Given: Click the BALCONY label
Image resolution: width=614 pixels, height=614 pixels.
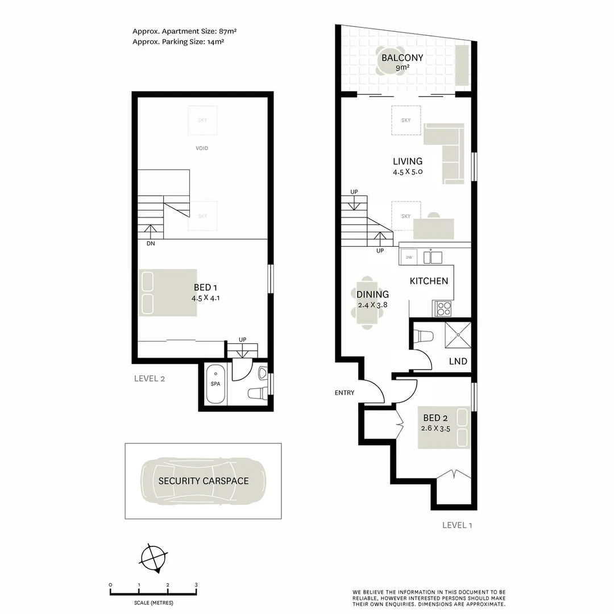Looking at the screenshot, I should click(x=403, y=58).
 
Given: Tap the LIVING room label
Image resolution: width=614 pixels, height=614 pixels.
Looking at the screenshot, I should click(x=407, y=161).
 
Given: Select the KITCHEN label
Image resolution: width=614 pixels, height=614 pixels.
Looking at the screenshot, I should click(x=429, y=281).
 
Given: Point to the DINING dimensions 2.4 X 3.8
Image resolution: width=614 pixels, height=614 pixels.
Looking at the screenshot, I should click(x=373, y=304).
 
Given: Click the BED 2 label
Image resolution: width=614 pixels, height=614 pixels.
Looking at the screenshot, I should click(x=435, y=419).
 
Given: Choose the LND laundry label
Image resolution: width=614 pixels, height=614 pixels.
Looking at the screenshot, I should click(x=458, y=361).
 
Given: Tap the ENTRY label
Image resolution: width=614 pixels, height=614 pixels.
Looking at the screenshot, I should click(x=345, y=393).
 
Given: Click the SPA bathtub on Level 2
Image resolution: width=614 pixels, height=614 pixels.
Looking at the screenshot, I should click(x=215, y=384).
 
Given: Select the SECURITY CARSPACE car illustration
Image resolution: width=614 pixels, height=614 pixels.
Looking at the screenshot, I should click(x=203, y=480).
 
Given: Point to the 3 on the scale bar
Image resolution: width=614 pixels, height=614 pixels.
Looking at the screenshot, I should click(x=196, y=585).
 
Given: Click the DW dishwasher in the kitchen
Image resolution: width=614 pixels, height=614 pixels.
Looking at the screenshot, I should click(x=408, y=257).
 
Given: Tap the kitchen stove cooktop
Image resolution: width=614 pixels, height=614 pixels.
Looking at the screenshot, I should click(x=443, y=309).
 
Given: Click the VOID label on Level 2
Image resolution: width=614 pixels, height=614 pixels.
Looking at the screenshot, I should click(x=202, y=148).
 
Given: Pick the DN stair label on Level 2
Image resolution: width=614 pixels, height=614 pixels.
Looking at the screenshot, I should click(x=151, y=243).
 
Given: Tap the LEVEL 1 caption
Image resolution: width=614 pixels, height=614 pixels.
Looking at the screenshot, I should click(x=457, y=525).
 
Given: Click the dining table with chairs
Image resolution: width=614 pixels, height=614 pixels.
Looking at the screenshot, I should click(x=367, y=302).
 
